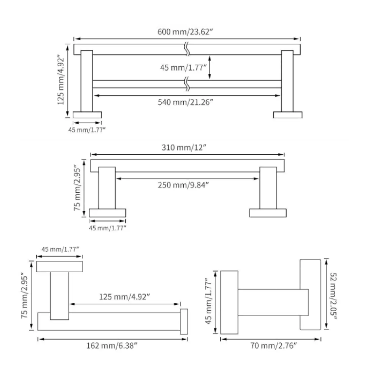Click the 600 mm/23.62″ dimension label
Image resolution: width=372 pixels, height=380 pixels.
click(185, 32)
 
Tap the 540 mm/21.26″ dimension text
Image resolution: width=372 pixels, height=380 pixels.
click(185, 102)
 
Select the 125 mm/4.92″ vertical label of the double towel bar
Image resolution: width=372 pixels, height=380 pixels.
click(61, 80)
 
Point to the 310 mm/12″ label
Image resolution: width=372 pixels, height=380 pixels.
click(184, 147)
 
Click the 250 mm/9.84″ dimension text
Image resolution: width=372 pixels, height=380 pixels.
click(183, 185)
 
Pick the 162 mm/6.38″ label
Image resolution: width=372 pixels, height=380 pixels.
click(112, 346)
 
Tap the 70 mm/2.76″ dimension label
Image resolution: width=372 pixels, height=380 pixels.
click(273, 346)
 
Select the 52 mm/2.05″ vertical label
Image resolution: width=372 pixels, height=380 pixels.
click(333, 296)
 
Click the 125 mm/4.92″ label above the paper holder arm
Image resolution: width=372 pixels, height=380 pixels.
click(124, 297)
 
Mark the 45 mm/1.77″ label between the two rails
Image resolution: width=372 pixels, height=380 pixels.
click(183, 67)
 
